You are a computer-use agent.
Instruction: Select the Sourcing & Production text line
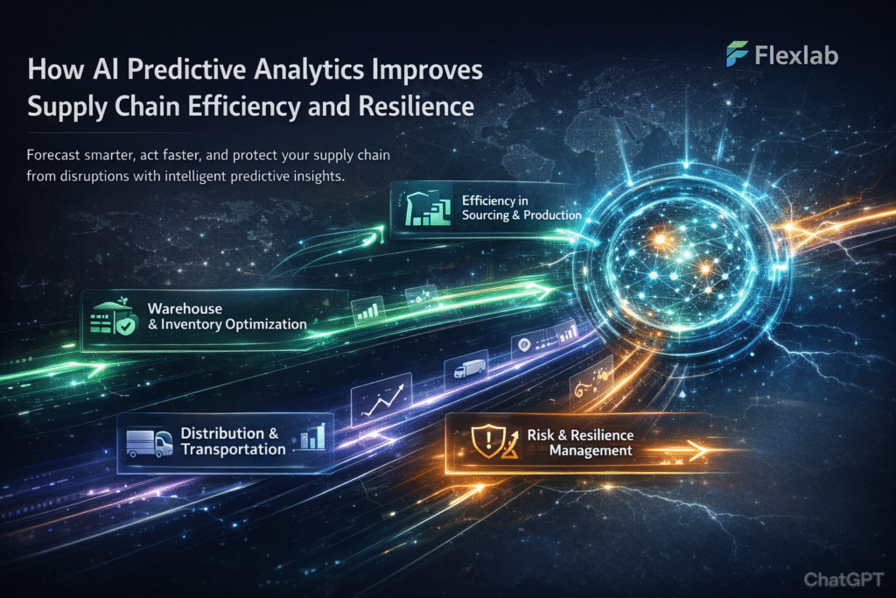point(521,215)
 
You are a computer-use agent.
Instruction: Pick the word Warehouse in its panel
point(185,309)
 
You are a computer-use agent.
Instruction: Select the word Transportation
point(233,450)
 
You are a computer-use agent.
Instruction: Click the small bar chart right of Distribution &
point(312,437)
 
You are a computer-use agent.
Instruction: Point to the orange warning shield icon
point(484,444)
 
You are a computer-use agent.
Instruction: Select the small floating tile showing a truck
point(465,369)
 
